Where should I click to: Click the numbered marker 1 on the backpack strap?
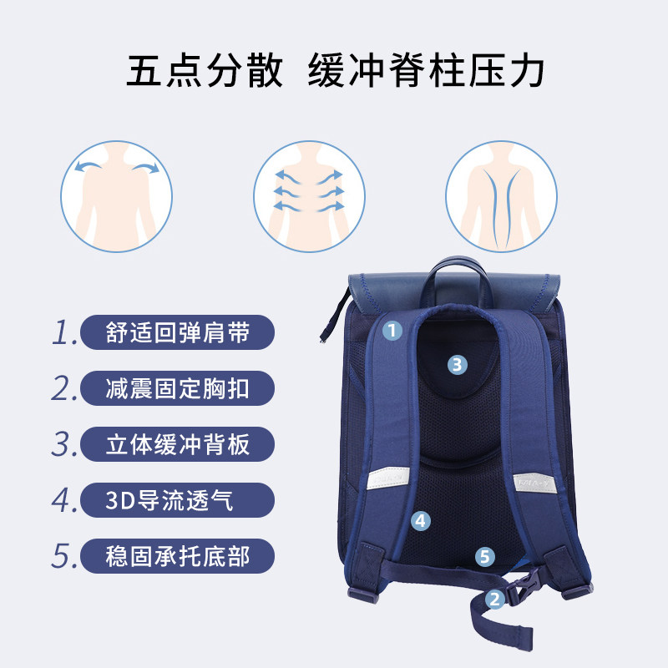coord(392,330)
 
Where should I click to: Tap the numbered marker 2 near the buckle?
coord(494,599)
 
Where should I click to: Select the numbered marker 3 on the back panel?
coord(457,365)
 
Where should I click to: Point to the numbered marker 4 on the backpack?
coord(421,520)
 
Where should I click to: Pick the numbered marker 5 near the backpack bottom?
coord(485,556)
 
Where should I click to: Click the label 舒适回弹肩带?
coord(177,332)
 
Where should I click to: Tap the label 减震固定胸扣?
coord(177,388)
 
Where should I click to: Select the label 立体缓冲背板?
coord(177,444)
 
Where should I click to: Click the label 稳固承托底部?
coord(177,556)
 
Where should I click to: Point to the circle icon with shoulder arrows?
coord(116,196)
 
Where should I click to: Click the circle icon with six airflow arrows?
coord(309,196)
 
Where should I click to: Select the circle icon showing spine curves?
coord(502,196)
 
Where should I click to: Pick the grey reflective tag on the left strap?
coord(387,478)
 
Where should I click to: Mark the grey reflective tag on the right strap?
coord(534,483)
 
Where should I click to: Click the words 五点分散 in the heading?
coord(205,70)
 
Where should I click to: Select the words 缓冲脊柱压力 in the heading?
coord(426,70)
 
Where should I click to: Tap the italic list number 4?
coord(64,500)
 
